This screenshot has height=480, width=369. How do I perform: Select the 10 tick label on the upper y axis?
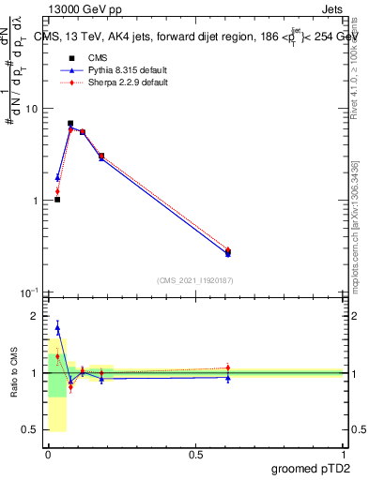(30, 109)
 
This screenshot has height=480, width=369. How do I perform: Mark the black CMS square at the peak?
(70, 123)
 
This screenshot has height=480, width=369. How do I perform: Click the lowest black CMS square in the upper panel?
(57, 200)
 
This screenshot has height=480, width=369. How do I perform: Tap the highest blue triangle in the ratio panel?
(57, 328)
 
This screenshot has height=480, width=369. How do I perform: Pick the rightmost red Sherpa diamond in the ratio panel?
(228, 367)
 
